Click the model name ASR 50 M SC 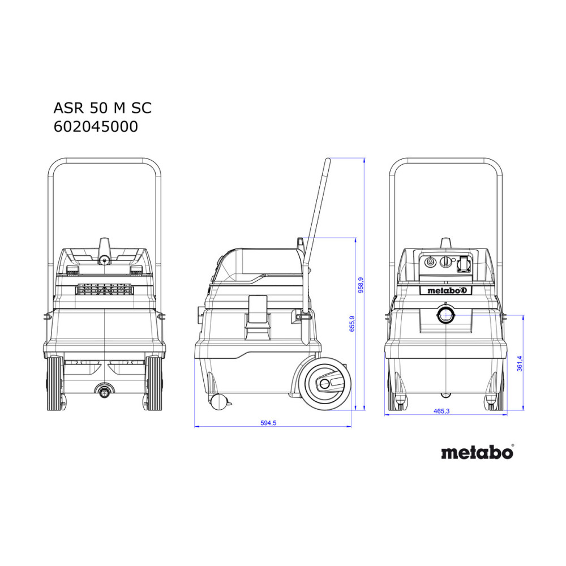[x=102, y=108]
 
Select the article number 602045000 [x=96, y=127]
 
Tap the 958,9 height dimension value [x=361, y=285]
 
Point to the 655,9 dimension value [x=352, y=323]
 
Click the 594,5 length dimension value [x=268, y=423]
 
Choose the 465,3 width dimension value [x=441, y=411]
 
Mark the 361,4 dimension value [x=520, y=363]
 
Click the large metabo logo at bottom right [x=477, y=452]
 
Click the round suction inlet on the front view [x=446, y=315]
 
